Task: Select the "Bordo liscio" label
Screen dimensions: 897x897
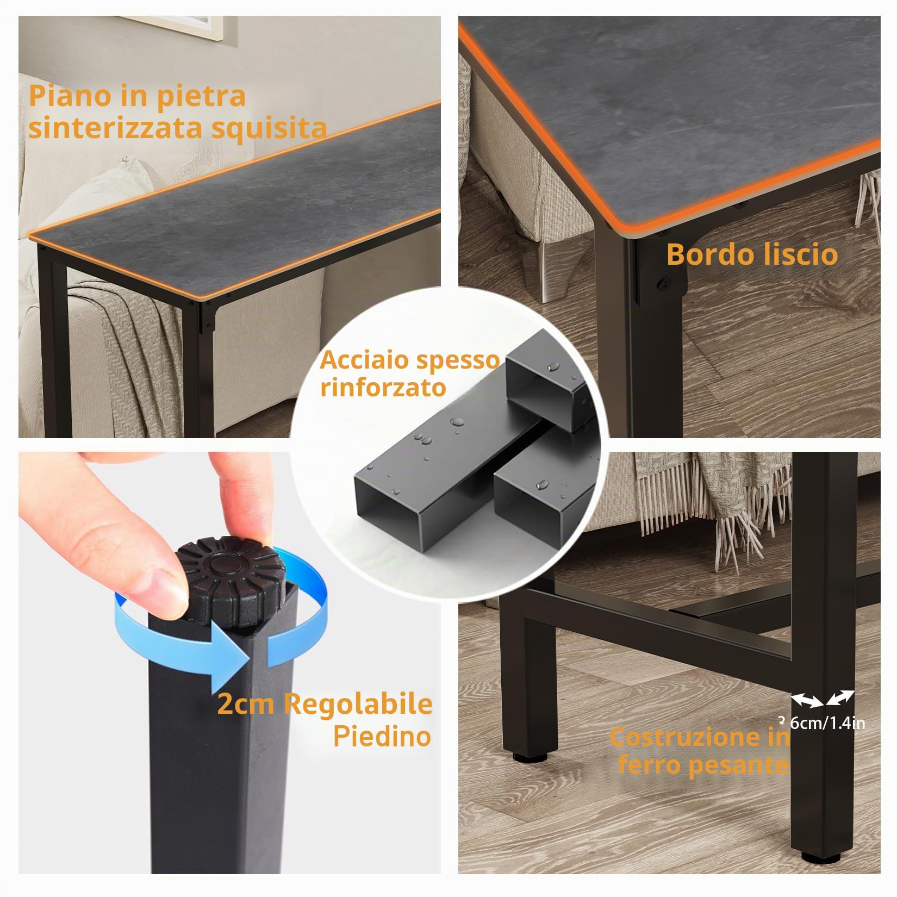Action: pyautogui.click(x=752, y=254)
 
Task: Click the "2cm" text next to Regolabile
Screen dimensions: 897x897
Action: pyautogui.click(x=247, y=705)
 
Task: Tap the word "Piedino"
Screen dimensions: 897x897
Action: pyautogui.click(x=382, y=737)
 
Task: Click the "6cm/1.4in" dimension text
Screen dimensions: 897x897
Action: pyautogui.click(x=826, y=723)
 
